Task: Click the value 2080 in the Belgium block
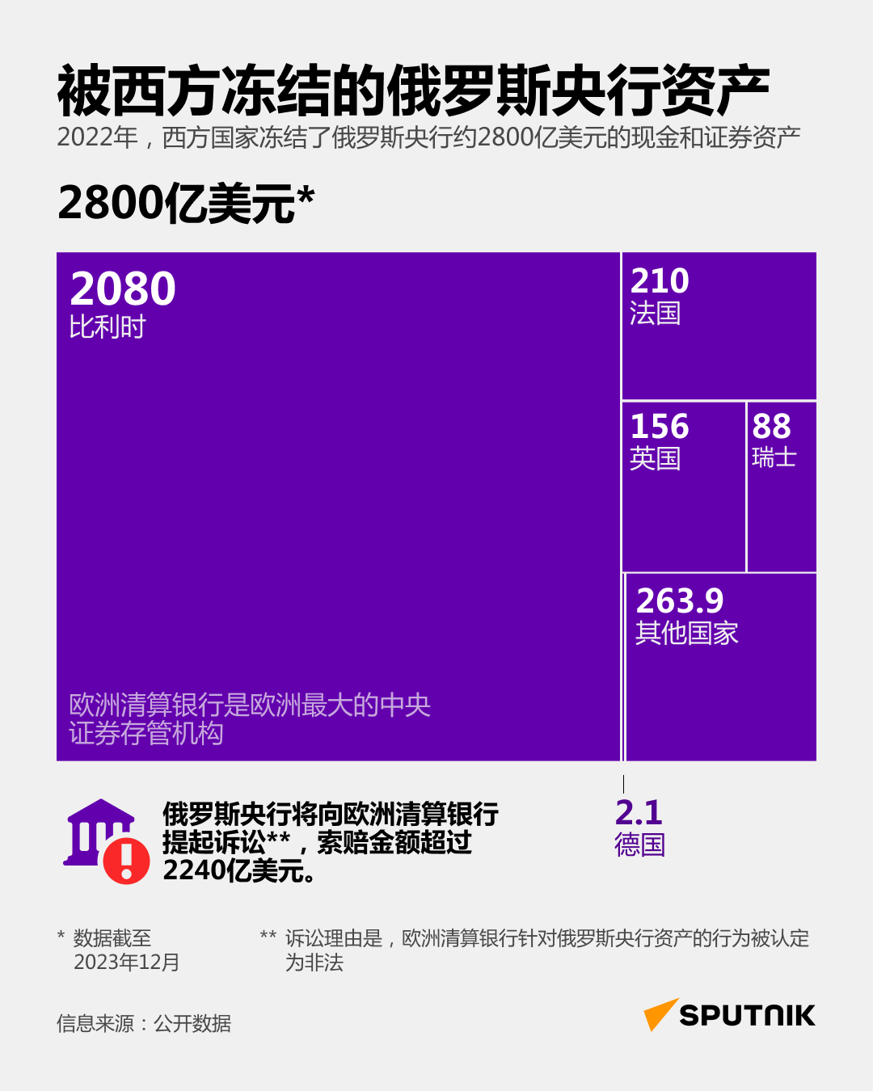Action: pyautogui.click(x=123, y=289)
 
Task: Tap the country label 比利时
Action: pyautogui.click(x=108, y=327)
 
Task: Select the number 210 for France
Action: pyautogui.click(x=660, y=281)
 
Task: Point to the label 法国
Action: pyautogui.click(x=655, y=314)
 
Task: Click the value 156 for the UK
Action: pyautogui.click(x=660, y=427)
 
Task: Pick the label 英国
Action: pyautogui.click(x=655, y=459)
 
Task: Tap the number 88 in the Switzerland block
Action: pyautogui.click(x=771, y=427)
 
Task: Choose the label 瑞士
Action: pyautogui.click(x=774, y=458)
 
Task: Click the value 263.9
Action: pyautogui.click(x=680, y=601)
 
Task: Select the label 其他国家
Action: pyautogui.click(x=686, y=634)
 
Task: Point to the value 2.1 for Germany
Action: pyautogui.click(x=639, y=812)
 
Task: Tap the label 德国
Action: pyautogui.click(x=639, y=845)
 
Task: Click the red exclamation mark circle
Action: pyautogui.click(x=126, y=860)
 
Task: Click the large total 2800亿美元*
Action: pyautogui.click(x=186, y=203)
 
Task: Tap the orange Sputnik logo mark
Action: pyautogui.click(x=660, y=1014)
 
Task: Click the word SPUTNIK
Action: pyautogui.click(x=747, y=1016)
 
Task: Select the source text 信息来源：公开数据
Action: pyautogui.click(x=144, y=1024)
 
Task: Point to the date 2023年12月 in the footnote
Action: pyautogui.click(x=126, y=963)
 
